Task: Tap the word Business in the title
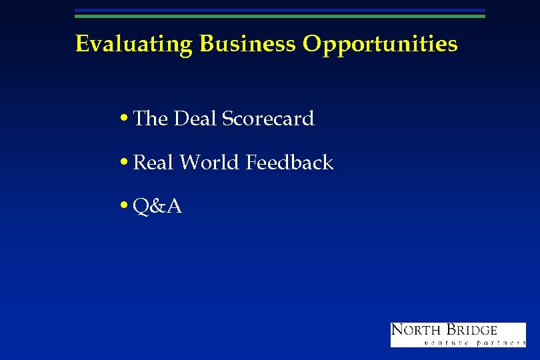[247, 44]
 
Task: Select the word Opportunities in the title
[380, 44]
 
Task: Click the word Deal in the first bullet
[195, 119]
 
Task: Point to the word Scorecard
[268, 119]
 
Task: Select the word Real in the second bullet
[154, 162]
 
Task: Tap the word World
[210, 162]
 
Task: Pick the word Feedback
[289, 162]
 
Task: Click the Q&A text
[157, 207]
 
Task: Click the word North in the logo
[415, 330]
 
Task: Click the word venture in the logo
[445, 343]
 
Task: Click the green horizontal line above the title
[280, 16]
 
